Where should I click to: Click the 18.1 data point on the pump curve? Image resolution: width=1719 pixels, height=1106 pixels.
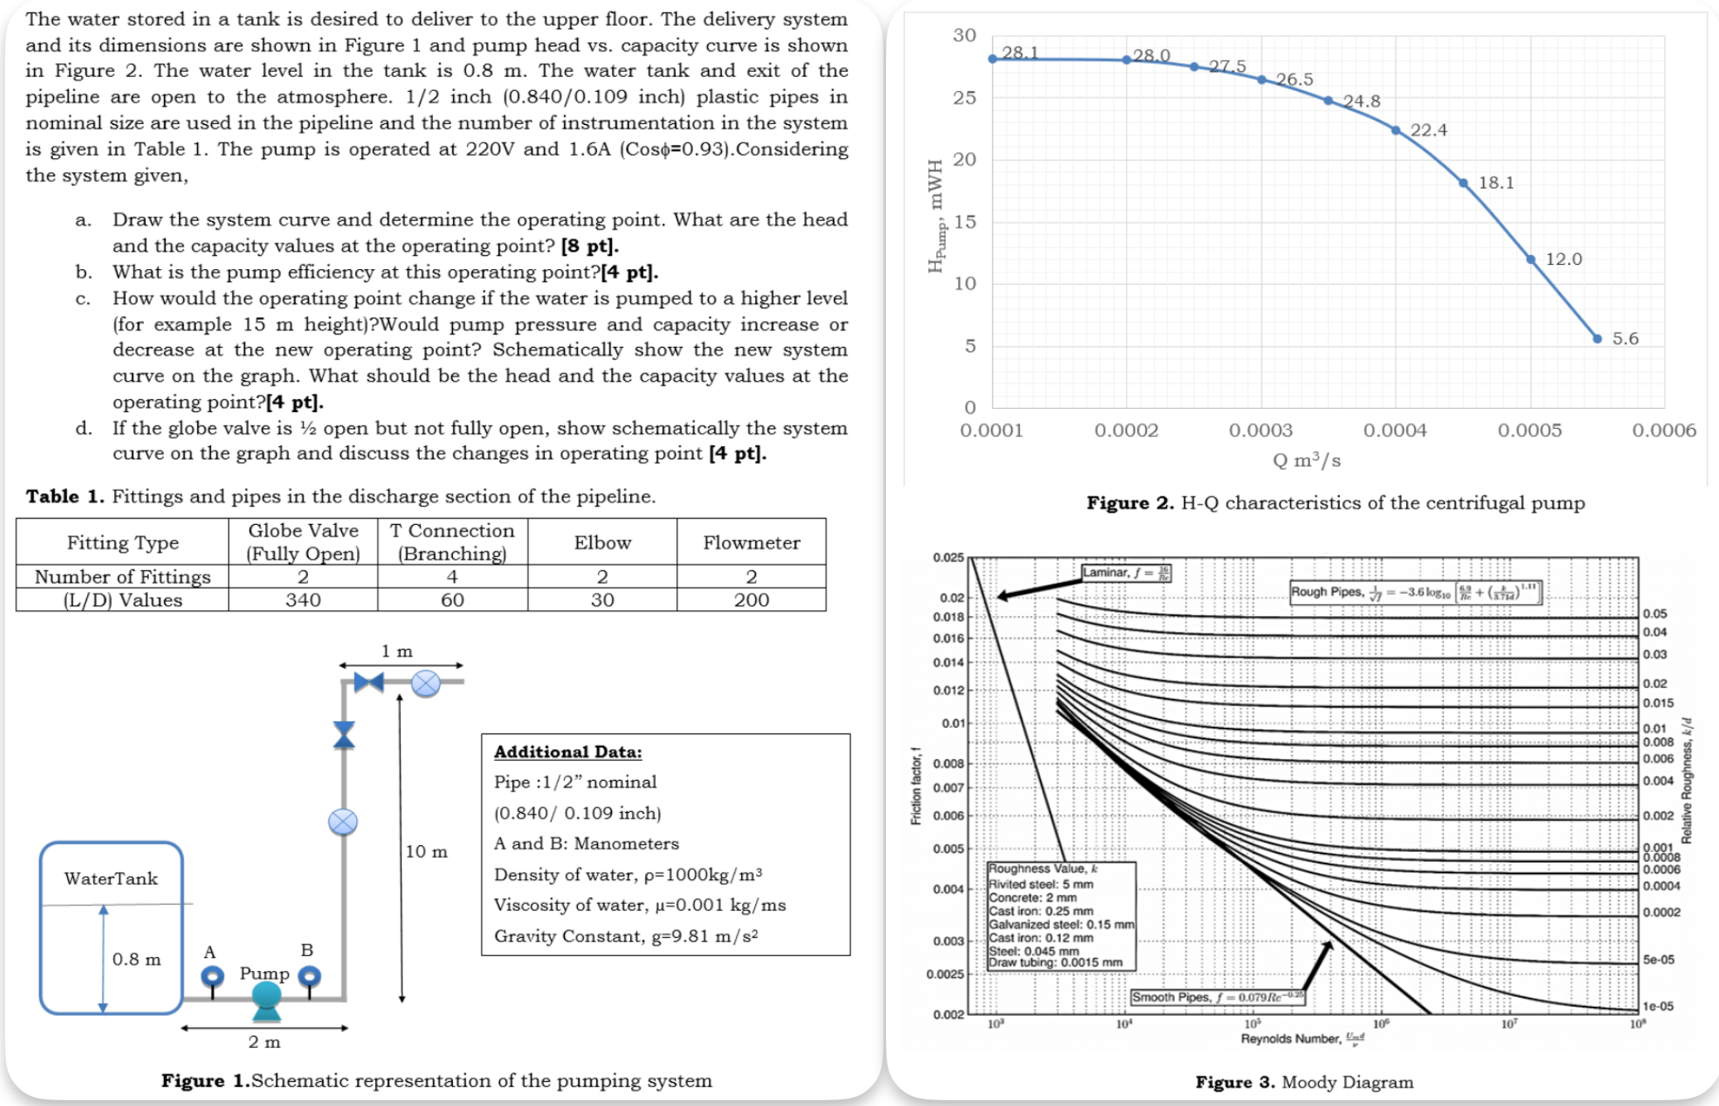coord(1463,183)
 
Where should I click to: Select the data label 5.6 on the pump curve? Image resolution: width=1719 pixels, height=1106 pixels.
coord(1625,339)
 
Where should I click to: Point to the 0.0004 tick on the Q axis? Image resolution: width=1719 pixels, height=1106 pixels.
coord(1395,430)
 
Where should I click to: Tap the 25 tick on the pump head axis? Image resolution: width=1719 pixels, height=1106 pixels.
coord(964,98)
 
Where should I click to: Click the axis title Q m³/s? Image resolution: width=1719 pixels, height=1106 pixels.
coord(1307,460)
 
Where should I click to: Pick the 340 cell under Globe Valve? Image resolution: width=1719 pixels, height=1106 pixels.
coord(303,600)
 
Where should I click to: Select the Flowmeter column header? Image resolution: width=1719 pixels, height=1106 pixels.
coord(751,542)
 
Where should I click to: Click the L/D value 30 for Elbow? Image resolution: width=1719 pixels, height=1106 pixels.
coord(602,600)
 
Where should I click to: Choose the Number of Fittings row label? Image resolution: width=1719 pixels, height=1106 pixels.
coord(123,576)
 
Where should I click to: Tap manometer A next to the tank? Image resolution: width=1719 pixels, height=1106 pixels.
coord(212,977)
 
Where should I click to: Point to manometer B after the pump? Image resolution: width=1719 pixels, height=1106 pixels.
coord(309,977)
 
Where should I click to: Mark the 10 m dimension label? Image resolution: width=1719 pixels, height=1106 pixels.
coord(426,851)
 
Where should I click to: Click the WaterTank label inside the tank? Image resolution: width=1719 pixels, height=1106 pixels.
coord(111,878)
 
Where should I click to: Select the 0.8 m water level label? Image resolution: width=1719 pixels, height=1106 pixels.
coord(137,959)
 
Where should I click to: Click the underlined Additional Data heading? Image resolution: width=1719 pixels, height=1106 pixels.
coord(568,752)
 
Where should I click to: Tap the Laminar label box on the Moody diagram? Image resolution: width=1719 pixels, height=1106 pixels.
coord(1126,573)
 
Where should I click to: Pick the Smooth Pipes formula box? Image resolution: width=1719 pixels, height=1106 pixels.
coord(1217,997)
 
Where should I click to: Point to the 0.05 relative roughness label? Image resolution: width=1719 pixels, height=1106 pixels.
coord(1654,613)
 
